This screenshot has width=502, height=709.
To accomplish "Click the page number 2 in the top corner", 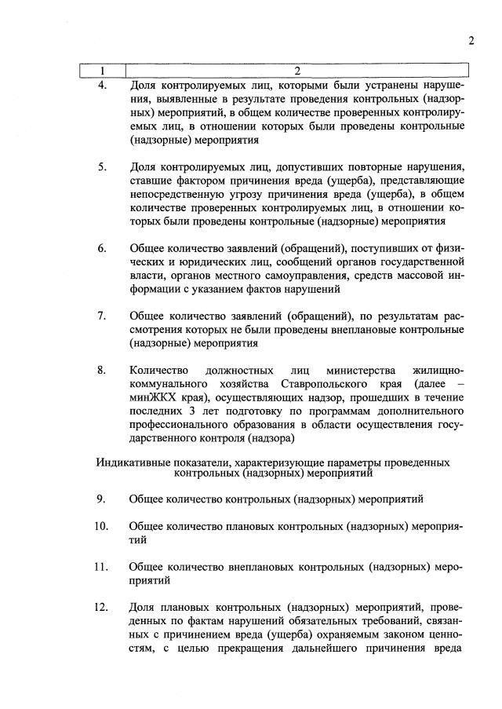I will pyautogui.click(x=471, y=41).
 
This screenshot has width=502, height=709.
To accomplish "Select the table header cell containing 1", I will pyautogui.click(x=104, y=71).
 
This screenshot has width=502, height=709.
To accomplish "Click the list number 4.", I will pyautogui.click(x=102, y=85).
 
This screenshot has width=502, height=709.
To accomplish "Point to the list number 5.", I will pyautogui.click(x=102, y=166).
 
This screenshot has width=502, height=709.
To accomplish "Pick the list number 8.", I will pyautogui.click(x=102, y=370).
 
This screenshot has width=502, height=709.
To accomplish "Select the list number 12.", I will pyautogui.click(x=100, y=607).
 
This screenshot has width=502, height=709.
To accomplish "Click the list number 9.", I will pyautogui.click(x=102, y=499).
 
